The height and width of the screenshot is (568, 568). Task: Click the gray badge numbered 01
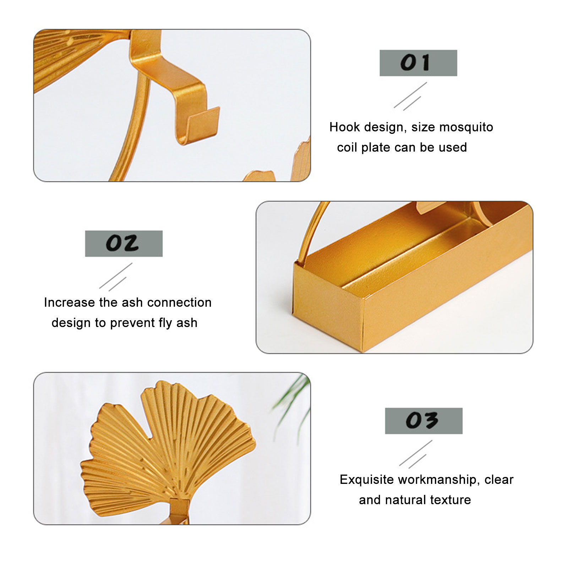(418, 63)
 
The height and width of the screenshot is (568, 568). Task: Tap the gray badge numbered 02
(124, 244)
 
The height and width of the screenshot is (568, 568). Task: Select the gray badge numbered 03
(424, 421)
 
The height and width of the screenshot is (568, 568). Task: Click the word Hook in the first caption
(345, 127)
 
